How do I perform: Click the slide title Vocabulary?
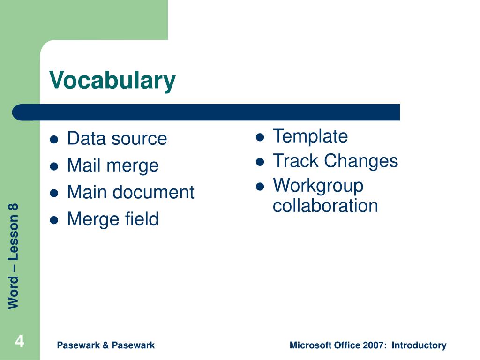[x=112, y=81]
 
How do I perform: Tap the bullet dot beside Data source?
[x=54, y=140]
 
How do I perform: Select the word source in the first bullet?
[x=139, y=139]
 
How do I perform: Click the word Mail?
[x=83, y=165]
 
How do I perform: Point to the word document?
[x=153, y=192]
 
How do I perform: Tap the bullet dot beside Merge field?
[x=54, y=220]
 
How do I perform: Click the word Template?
[x=310, y=136]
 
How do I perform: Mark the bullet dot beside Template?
[x=260, y=137]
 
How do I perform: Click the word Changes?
[x=361, y=161]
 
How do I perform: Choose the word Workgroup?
[x=318, y=186]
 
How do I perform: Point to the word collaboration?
[x=325, y=205]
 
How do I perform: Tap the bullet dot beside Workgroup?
[x=260, y=187]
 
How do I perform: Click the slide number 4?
[x=20, y=341]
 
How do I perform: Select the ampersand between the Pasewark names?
[x=105, y=345]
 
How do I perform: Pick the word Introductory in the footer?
[x=419, y=345]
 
